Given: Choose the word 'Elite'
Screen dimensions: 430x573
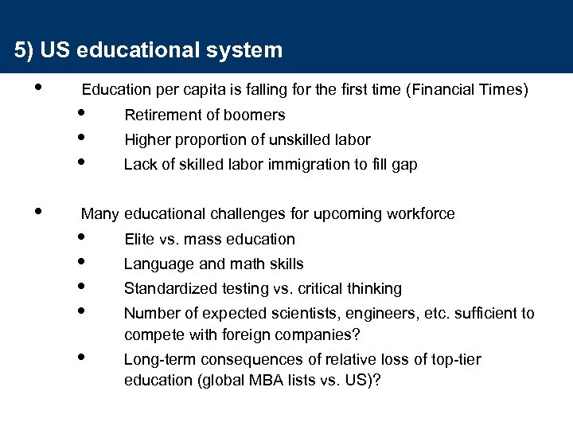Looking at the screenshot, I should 139,239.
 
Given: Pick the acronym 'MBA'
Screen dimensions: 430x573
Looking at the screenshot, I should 281,380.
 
